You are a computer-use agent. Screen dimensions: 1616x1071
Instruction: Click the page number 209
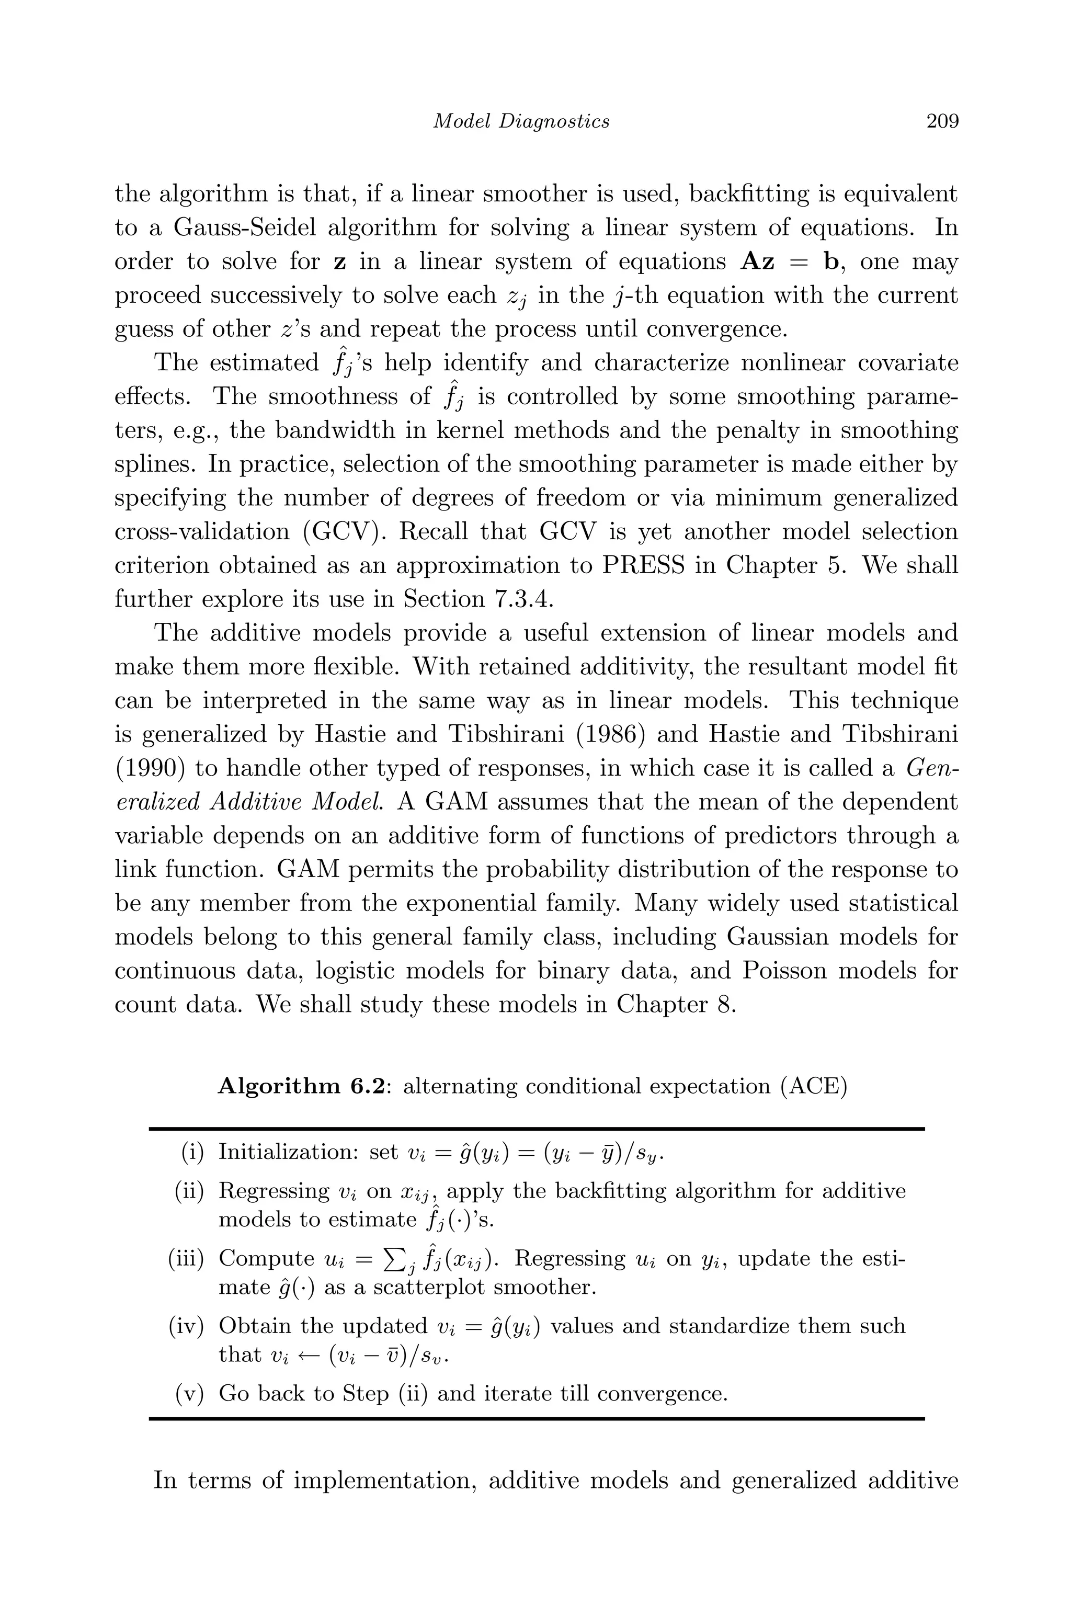942,121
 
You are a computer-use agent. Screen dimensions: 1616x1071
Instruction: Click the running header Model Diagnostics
522,121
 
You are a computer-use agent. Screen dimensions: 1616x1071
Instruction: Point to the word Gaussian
777,937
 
